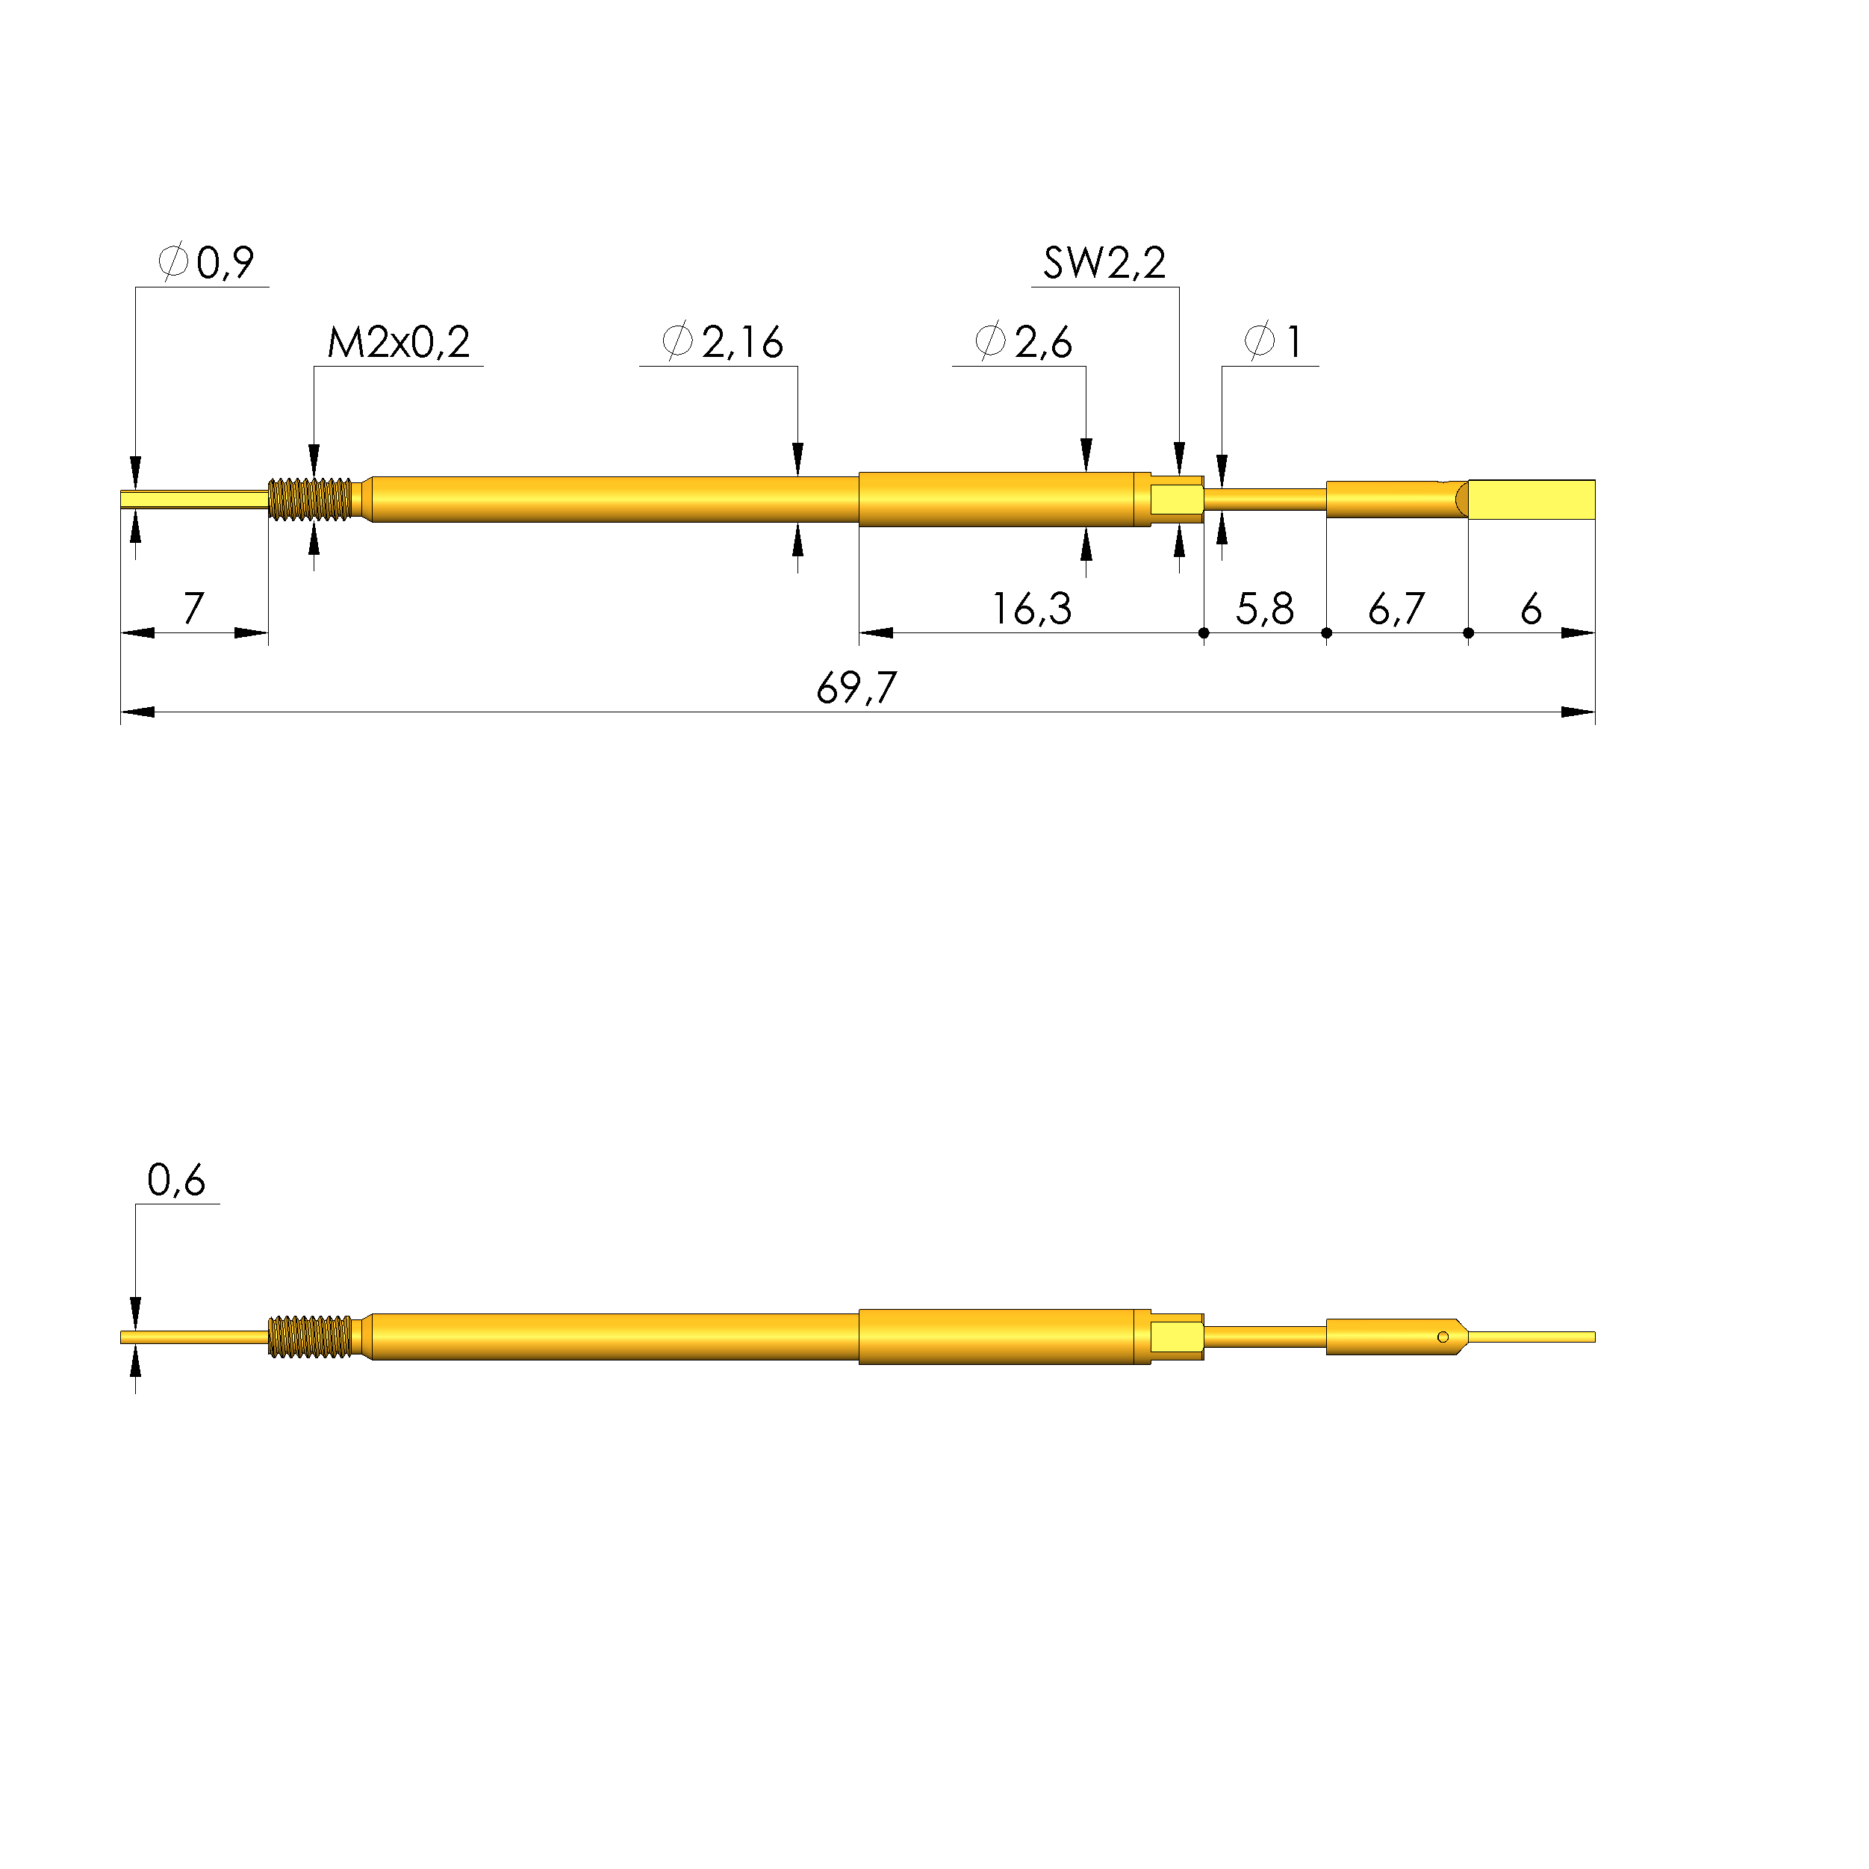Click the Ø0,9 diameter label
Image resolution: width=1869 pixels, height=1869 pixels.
point(206,263)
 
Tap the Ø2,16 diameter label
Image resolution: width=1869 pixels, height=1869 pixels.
point(723,343)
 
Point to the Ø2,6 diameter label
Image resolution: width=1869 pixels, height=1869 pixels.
point(1024,343)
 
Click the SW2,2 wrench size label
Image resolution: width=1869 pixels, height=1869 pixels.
point(1104,263)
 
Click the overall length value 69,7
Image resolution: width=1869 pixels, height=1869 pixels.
point(856,688)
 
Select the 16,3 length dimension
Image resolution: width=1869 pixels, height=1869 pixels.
point(1031,609)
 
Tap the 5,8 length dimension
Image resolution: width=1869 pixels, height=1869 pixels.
point(1263,609)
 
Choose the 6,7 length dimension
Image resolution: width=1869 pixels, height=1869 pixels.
point(1396,609)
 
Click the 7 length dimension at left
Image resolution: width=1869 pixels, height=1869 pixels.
point(193,609)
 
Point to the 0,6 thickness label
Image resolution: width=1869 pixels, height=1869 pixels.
point(176,1181)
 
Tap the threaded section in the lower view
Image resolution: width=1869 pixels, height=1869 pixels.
point(310,1337)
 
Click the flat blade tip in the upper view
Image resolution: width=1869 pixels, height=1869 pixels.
point(1531,500)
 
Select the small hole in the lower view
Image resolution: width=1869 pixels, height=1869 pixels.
point(1443,1337)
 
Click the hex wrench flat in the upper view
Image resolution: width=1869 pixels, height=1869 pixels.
point(1175,500)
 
